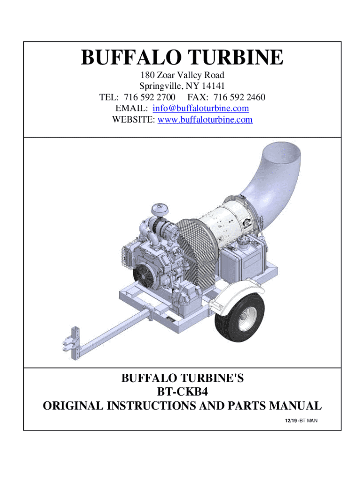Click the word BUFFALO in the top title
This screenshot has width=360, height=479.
tap(130, 57)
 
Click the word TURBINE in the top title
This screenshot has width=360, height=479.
tap(236, 57)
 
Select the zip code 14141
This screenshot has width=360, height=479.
tap(213, 86)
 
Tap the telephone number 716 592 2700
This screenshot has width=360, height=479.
tap(150, 97)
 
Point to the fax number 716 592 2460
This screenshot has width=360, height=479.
tap(239, 97)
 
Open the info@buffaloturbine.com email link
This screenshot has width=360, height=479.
tap(201, 108)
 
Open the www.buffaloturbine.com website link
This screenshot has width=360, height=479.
tap(205, 119)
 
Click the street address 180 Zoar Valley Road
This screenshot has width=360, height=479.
tap(182, 75)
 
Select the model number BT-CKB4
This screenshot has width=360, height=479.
tap(183, 392)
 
